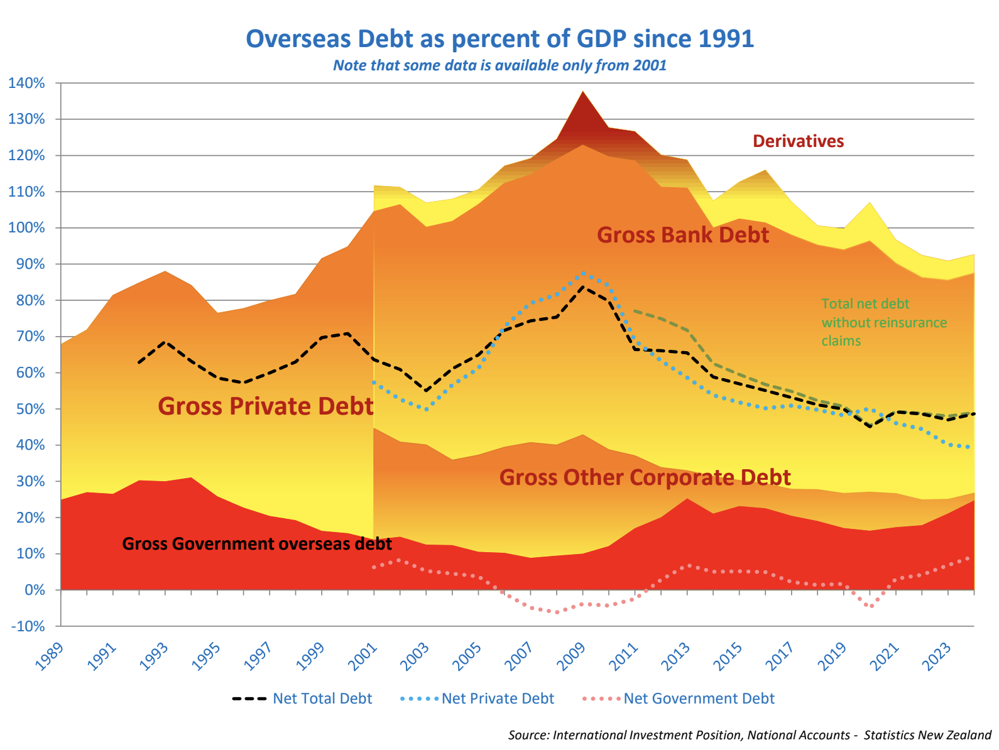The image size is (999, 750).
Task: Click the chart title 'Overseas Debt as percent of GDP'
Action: [x=499, y=39]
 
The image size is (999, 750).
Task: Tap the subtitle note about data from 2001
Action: [x=499, y=65]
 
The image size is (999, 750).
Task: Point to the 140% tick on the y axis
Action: [x=26, y=83]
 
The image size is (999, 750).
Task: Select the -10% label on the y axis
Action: [x=26, y=626]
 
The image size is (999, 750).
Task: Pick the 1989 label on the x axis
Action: [x=50, y=656]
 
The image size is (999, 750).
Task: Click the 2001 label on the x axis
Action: [x=363, y=656]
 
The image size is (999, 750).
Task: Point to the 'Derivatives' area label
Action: [x=798, y=141]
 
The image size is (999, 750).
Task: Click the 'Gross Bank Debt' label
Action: [x=683, y=235]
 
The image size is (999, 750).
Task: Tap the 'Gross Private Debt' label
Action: [x=266, y=406]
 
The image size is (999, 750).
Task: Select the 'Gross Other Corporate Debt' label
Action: [x=645, y=477]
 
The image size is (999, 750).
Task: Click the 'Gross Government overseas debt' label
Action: [x=257, y=544]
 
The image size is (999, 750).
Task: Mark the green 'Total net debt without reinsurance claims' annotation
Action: [x=883, y=322]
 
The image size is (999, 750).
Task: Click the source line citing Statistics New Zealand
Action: [x=750, y=735]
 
